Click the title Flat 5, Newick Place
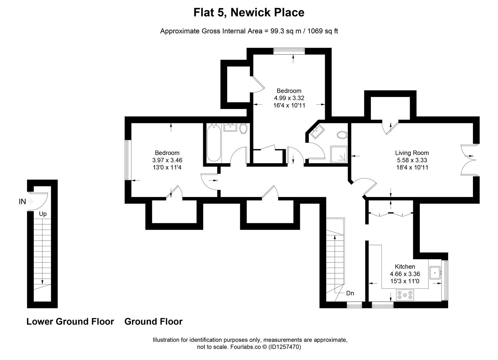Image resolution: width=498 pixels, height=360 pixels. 249,12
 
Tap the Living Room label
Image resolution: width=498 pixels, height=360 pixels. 412,153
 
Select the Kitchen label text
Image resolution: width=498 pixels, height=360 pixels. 405,266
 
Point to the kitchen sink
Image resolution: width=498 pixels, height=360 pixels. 435,272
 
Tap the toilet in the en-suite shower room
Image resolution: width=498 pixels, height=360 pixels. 342,135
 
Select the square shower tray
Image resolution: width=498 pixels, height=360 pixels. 338,154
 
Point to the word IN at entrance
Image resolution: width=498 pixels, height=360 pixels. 22,201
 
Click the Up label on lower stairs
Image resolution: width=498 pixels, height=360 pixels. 43,214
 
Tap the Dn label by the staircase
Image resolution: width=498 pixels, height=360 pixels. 350,293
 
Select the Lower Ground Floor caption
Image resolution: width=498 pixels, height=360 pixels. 70,322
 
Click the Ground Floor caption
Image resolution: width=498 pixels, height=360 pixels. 153,322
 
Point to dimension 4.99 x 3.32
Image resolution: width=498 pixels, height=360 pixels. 289,98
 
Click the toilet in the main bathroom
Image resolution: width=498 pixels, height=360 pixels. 243,129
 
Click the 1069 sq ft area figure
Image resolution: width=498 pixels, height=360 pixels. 322,31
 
